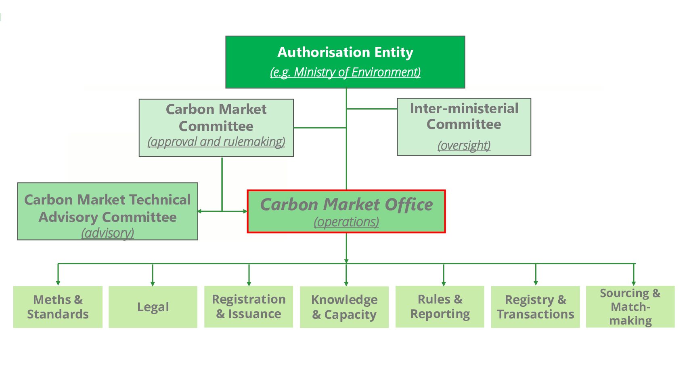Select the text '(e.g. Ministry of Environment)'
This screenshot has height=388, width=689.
coord(345,72)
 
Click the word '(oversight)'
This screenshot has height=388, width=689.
coord(464,145)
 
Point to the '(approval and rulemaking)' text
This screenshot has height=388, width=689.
coord(216,142)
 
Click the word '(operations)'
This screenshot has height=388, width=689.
coord(346,222)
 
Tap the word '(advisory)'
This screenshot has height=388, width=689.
coord(107,233)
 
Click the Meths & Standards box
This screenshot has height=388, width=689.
coord(58,307)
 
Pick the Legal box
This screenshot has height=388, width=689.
coord(153,307)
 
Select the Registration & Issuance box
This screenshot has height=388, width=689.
coord(249,306)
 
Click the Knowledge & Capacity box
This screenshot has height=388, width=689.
coord(344,307)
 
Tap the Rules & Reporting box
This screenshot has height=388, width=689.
coord(440,306)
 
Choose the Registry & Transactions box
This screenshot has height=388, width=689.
coord(535,307)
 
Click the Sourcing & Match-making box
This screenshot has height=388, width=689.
coord(630,306)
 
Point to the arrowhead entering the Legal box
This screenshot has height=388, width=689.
coord(153,284)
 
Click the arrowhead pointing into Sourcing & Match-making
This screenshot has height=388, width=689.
coord(634,283)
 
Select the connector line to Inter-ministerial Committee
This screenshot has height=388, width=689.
coord(371,109)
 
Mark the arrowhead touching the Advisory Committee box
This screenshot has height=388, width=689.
coord(200,211)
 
